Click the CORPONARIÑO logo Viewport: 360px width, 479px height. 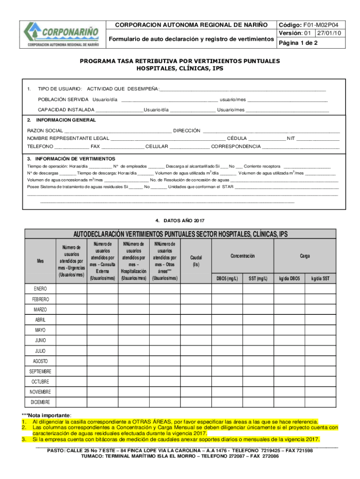63,35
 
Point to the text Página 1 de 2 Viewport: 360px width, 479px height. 298,43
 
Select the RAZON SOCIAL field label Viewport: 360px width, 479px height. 45,131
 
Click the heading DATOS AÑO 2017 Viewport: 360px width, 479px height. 180,220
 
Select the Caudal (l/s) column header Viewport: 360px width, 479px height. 196,261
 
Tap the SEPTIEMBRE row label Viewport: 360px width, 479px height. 40,371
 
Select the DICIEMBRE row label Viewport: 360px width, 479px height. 40,402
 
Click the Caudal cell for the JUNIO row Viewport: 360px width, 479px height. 196,340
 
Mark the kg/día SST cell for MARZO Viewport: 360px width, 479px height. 320,309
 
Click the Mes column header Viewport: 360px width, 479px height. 40,261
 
